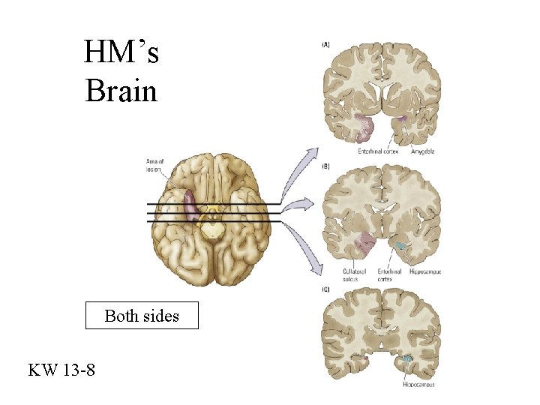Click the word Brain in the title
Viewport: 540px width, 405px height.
121,91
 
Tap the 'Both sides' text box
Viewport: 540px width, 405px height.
142,316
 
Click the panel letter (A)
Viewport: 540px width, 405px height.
325,44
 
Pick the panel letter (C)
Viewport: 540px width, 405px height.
325,289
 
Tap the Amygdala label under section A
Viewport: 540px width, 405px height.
423,151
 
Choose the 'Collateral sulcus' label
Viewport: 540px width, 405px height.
353,274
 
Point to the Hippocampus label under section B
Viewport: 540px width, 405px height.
425,271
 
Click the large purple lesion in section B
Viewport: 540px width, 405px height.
365,241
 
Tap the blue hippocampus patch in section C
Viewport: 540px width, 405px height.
406,361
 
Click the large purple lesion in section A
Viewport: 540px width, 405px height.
364,125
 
